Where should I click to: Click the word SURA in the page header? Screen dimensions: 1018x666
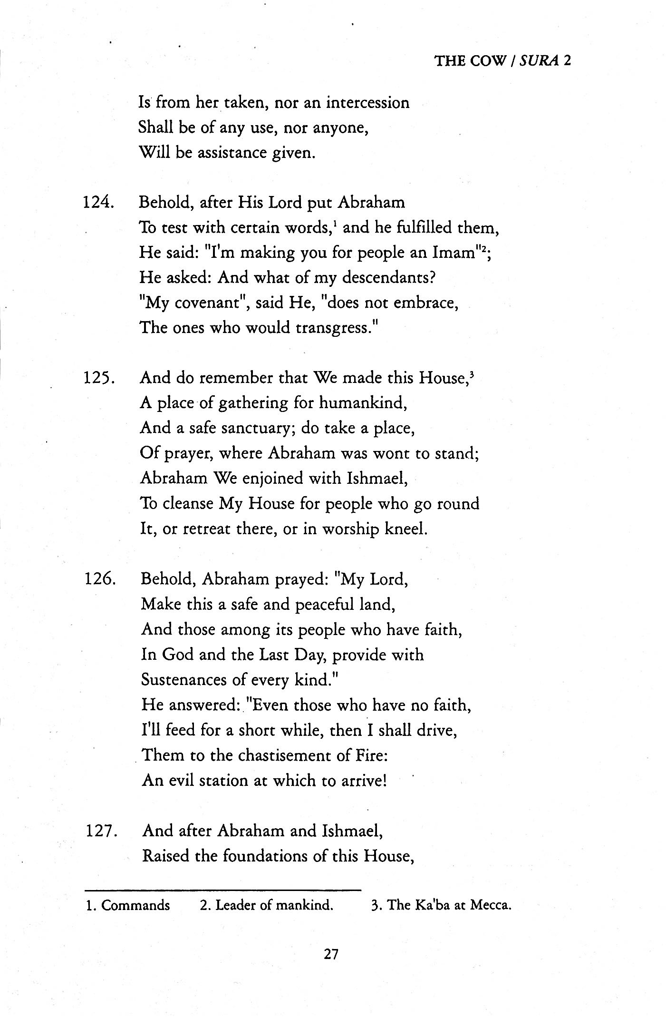pyautogui.click(x=539, y=60)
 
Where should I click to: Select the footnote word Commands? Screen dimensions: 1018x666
pyautogui.click(x=135, y=905)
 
